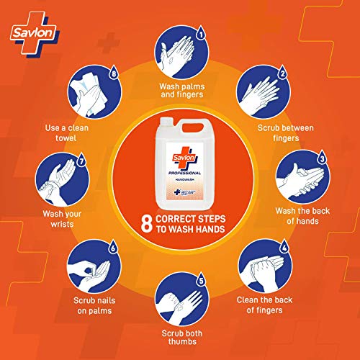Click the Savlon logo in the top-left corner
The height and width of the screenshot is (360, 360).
(31, 31)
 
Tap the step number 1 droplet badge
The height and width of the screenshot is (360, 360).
(202, 33)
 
